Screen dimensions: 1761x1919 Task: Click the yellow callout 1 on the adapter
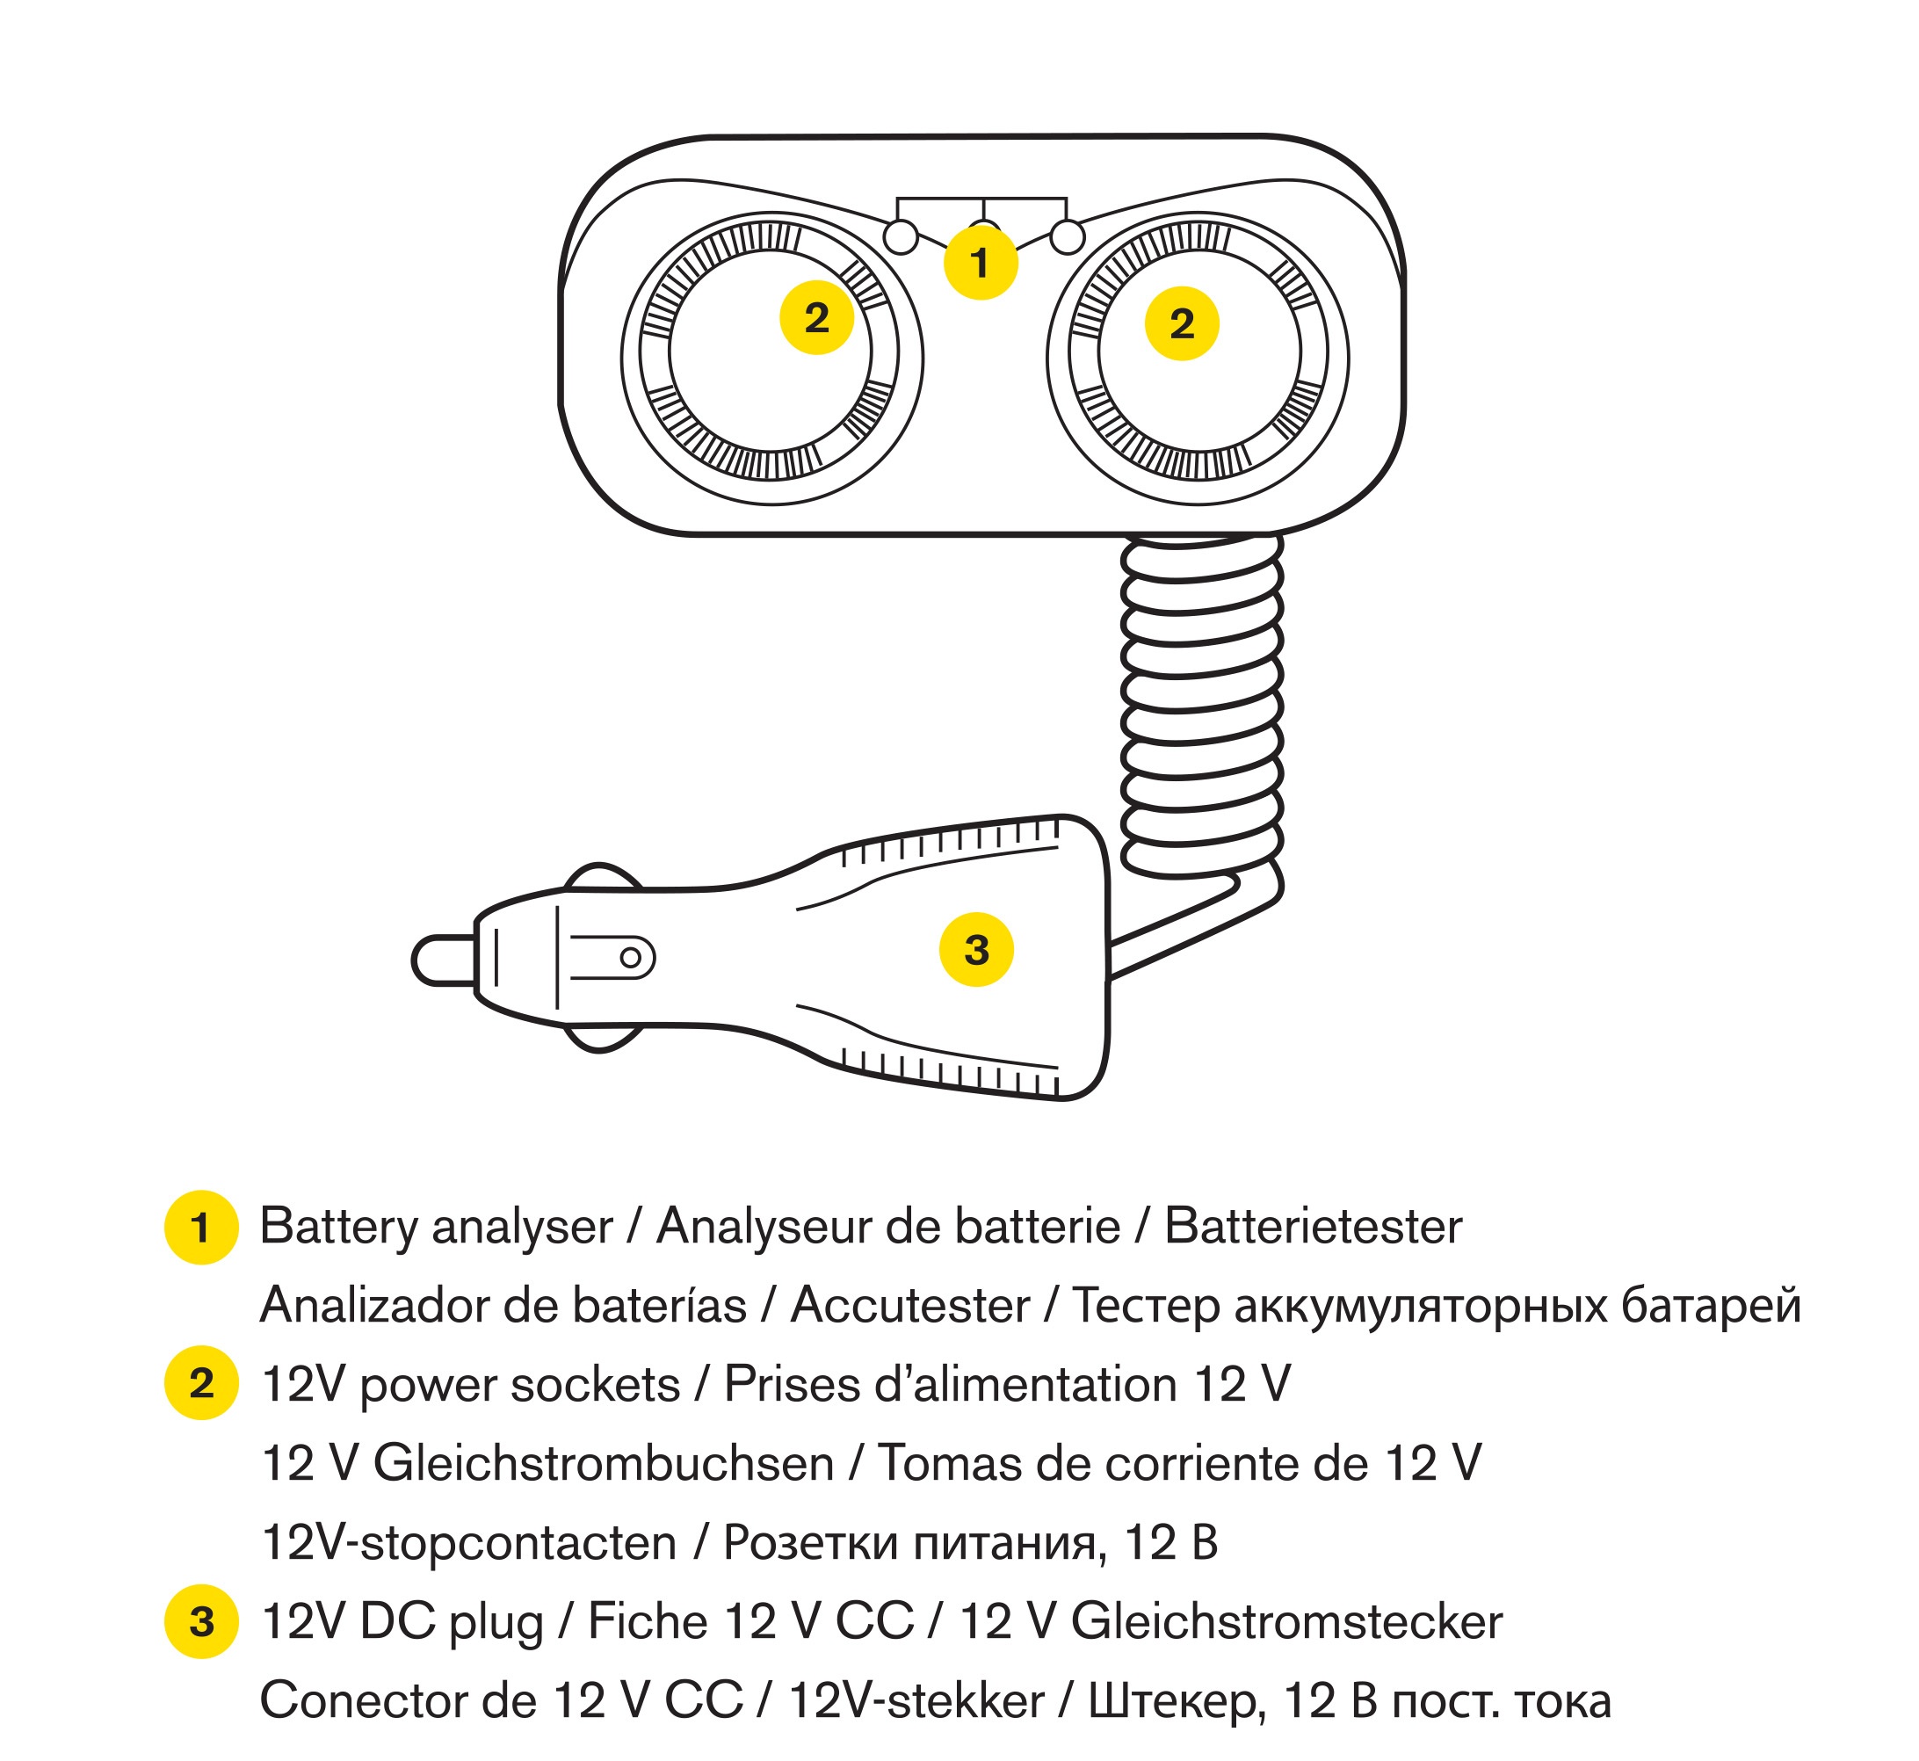(x=981, y=262)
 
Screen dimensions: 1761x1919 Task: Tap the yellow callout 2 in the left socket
(x=816, y=317)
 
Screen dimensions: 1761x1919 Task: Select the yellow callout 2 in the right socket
(x=1182, y=324)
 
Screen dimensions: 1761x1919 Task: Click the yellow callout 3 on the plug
(x=977, y=949)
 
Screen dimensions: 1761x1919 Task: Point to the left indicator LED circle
(x=901, y=236)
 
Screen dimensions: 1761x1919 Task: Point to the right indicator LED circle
(x=1068, y=236)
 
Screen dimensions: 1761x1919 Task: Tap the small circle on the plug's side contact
(x=631, y=958)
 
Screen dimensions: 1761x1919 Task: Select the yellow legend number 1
(x=201, y=1228)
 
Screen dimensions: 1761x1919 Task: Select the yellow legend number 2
(x=201, y=1382)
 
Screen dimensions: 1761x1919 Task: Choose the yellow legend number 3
(x=201, y=1621)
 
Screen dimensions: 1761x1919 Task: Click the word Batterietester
(x=1313, y=1227)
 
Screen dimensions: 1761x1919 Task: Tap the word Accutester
(x=910, y=1306)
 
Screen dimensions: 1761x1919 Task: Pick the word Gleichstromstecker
(x=1286, y=1622)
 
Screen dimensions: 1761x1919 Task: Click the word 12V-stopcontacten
(x=469, y=1543)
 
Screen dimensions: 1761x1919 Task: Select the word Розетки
(x=811, y=1543)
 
